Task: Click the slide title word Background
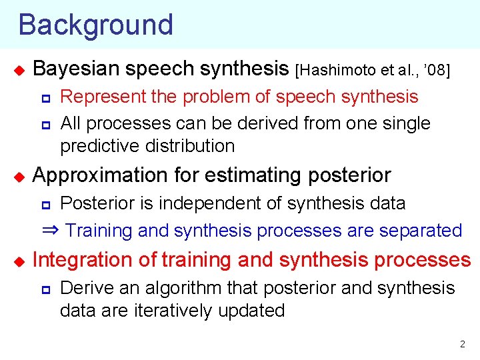click(95, 25)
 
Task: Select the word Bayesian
click(74, 69)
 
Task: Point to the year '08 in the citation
click(439, 69)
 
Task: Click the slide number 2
click(462, 345)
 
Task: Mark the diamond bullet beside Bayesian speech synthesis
click(19, 69)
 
